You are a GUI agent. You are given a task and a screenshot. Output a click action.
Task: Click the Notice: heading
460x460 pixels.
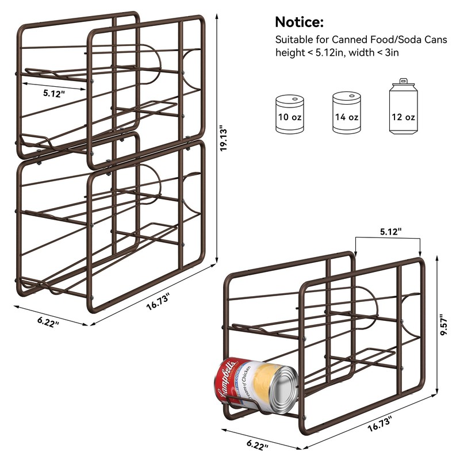click(x=299, y=22)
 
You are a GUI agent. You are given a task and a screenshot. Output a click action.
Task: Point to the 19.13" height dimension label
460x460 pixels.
click(x=226, y=139)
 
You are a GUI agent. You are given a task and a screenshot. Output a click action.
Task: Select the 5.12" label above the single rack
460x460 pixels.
click(x=391, y=231)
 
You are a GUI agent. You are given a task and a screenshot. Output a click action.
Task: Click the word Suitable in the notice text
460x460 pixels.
click(x=292, y=40)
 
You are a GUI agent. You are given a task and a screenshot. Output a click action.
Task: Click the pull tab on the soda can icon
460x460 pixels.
click(x=403, y=82)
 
